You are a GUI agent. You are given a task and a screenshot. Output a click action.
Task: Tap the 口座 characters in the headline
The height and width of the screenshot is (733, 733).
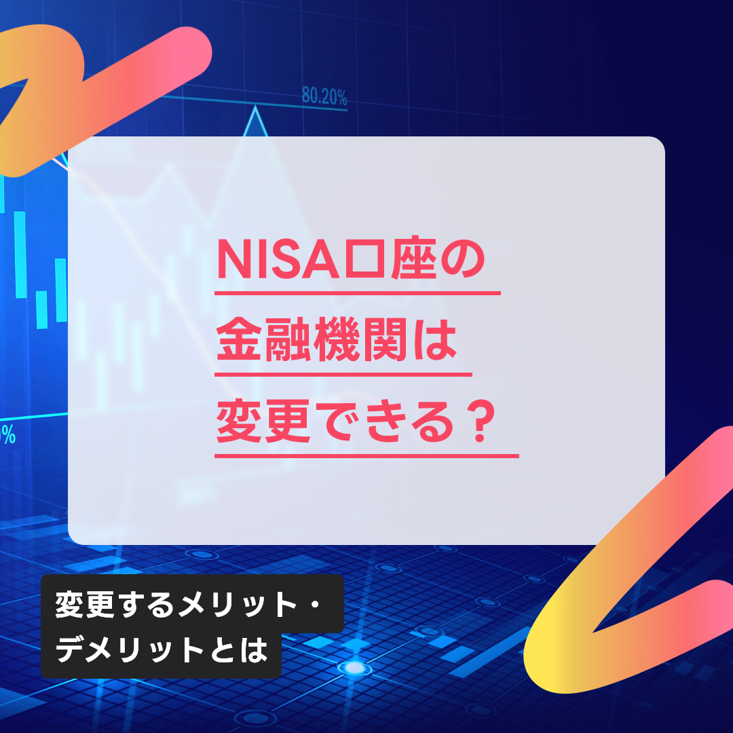tap(390, 259)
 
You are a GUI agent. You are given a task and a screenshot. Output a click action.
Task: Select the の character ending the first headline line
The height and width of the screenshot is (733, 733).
tap(463, 260)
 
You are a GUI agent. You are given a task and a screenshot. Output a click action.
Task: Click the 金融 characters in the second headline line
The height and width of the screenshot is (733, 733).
tap(263, 339)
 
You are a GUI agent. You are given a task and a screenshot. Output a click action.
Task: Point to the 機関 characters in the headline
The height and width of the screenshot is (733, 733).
tap(360, 339)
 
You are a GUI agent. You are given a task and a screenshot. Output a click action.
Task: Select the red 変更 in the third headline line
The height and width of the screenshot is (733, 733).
tap(263, 421)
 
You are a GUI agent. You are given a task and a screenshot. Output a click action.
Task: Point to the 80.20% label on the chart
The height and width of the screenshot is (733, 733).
tap(324, 96)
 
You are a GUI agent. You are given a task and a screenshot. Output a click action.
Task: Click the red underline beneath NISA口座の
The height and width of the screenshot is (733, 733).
tap(358, 293)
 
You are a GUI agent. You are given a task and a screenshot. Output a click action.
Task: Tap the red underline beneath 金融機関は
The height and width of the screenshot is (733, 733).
tap(343, 375)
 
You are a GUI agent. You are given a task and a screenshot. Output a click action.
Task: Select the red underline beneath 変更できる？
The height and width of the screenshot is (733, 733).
tap(366, 456)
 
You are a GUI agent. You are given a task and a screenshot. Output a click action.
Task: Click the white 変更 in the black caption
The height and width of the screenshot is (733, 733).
tap(85, 605)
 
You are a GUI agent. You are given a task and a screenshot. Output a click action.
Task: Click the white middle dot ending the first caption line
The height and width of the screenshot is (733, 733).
tap(315, 605)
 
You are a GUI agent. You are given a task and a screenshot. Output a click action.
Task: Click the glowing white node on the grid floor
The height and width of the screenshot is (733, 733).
tap(354, 668)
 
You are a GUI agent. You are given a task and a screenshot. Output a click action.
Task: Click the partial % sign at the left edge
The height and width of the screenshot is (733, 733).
tap(8, 435)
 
